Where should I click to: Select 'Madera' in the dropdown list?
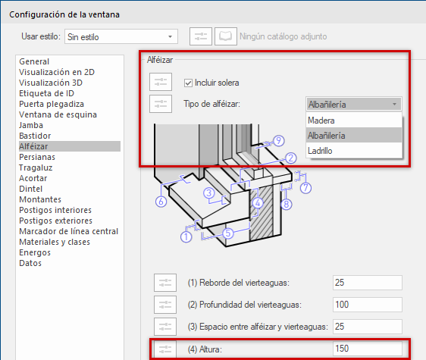point(321,121)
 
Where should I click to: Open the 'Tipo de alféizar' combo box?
point(353,105)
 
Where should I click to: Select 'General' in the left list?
point(34,61)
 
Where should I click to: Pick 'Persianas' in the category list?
point(37,157)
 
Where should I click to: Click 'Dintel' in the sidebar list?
point(31,189)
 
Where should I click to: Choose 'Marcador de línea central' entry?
point(68,231)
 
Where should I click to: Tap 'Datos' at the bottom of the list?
point(30,263)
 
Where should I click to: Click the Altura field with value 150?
point(367,348)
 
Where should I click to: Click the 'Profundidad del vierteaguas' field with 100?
point(367,304)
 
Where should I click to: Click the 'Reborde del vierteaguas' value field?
point(367,282)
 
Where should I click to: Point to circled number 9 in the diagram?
point(279,140)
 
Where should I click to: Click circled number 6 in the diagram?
point(161,202)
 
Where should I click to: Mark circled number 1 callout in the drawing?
point(185,237)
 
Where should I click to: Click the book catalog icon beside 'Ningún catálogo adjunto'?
point(225,36)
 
